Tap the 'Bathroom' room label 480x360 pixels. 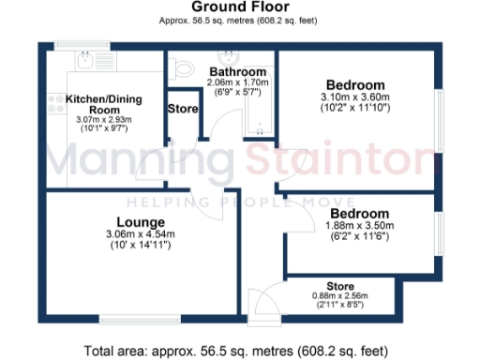pos(237,71)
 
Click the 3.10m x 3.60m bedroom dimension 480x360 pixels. pos(354,97)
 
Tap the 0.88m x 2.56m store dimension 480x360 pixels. pos(339,296)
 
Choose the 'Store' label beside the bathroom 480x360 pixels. pos(182,109)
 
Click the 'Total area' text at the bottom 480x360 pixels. pos(239,351)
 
